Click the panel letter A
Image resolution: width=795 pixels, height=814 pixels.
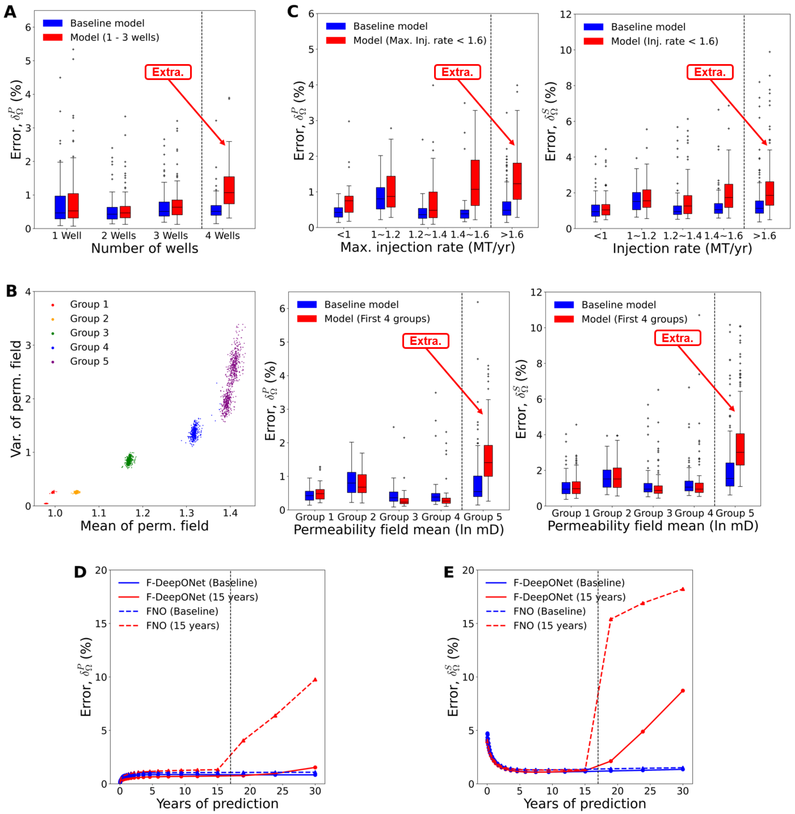click(x=10, y=12)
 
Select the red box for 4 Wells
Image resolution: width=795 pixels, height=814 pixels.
click(x=229, y=190)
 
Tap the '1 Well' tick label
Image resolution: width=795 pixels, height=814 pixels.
click(x=67, y=236)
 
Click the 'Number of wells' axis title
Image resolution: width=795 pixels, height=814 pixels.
click(x=145, y=249)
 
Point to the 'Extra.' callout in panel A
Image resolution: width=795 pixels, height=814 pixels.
click(x=168, y=72)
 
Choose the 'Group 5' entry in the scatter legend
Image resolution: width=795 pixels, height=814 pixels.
click(x=89, y=361)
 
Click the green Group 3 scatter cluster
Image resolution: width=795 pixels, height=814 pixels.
click(x=129, y=460)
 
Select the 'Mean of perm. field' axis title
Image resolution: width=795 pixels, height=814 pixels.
click(x=145, y=526)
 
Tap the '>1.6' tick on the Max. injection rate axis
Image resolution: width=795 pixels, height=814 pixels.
click(x=512, y=235)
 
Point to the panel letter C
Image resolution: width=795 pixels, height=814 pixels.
click(x=293, y=12)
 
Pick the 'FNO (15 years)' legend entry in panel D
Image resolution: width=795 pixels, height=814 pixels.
click(x=182, y=626)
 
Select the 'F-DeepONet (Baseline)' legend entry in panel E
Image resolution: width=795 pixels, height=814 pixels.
click(x=569, y=583)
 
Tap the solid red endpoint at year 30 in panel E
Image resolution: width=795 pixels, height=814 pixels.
click(x=683, y=691)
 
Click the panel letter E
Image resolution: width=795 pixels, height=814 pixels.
click(x=449, y=572)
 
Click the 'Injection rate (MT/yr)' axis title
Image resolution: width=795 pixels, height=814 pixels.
click(x=682, y=249)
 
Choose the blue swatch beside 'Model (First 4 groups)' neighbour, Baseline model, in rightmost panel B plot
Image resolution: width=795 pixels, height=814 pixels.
click(x=564, y=305)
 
